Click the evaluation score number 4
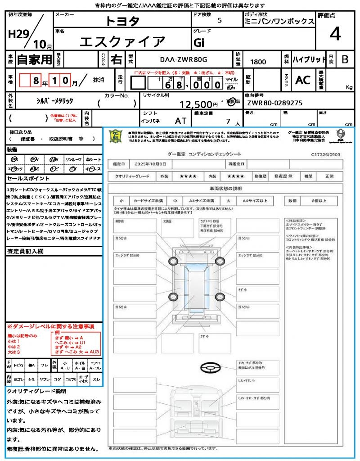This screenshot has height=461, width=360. tap(335, 34)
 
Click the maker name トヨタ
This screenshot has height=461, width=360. tap(122, 21)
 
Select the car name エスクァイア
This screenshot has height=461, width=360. tap(122, 41)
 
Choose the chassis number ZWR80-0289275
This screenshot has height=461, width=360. tap(274, 103)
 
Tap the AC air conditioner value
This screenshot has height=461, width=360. tap(303, 80)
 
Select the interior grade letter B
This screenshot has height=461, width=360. tap(345, 59)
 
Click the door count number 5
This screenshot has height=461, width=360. tap(219, 21)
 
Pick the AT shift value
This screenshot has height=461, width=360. tap(181, 121)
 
